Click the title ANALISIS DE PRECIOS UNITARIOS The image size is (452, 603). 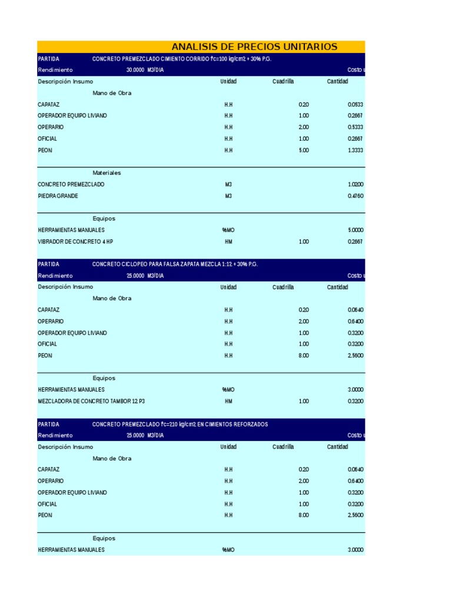254,47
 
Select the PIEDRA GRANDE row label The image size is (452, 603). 58,196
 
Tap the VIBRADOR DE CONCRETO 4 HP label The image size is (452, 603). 75,241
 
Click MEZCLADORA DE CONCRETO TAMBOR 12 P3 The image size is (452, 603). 91,401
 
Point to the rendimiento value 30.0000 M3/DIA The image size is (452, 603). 145,70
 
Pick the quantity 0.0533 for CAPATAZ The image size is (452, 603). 355,104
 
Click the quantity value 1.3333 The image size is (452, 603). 355,150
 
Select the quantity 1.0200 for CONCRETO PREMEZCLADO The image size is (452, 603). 355,184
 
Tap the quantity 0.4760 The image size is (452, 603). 355,196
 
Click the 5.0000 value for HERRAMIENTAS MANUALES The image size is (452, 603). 355,230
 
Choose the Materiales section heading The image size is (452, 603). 107,173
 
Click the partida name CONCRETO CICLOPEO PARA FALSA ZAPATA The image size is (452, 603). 175,264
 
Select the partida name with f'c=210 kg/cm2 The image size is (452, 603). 180,425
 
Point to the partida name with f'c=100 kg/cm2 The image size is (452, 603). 182,59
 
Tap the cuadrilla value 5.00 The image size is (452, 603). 304,150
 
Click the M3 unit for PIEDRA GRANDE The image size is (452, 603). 228,196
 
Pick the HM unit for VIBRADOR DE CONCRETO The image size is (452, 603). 228,241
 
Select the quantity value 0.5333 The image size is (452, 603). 355,127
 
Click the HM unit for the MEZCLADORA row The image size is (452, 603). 228,401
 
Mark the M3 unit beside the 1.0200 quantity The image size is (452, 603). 228,184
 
